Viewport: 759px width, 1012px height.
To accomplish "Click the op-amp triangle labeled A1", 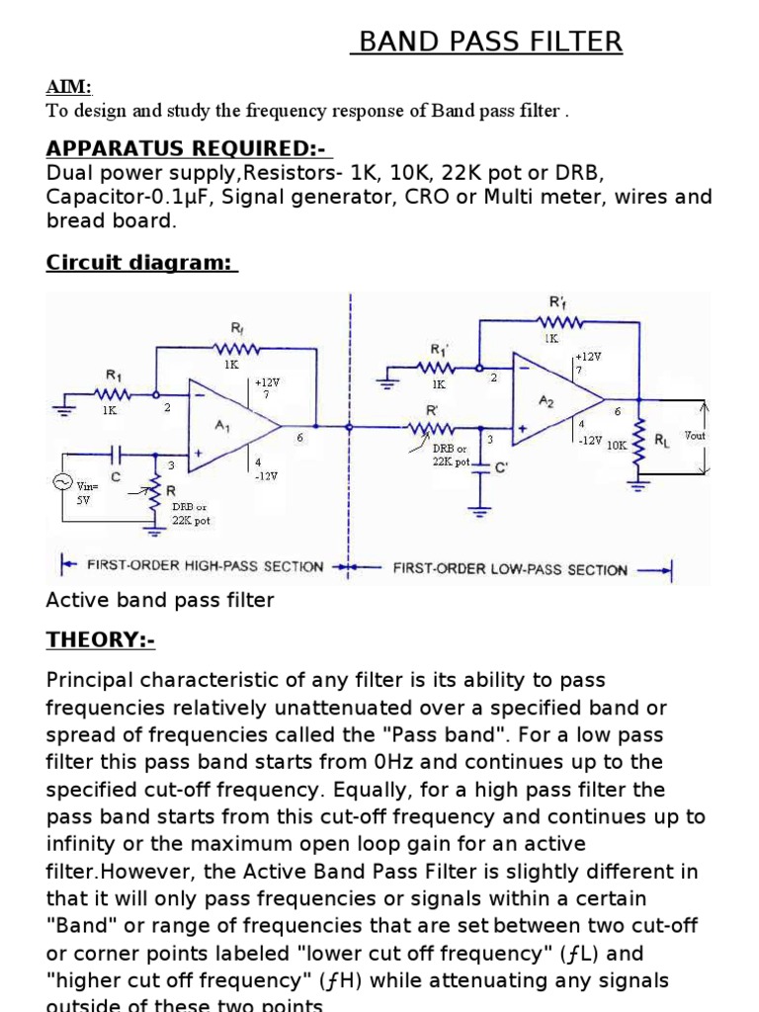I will coord(231,427).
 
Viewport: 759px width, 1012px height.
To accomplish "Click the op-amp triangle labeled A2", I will coord(552,400).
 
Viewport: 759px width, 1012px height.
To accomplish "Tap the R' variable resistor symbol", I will coord(433,428).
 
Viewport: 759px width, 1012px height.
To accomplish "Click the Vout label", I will coord(694,436).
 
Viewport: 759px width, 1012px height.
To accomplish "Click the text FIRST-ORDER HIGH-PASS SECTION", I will coord(206,566).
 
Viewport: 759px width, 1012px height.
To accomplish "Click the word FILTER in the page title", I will coord(575,42).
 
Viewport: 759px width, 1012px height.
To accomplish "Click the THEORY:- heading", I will coord(100,640).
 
